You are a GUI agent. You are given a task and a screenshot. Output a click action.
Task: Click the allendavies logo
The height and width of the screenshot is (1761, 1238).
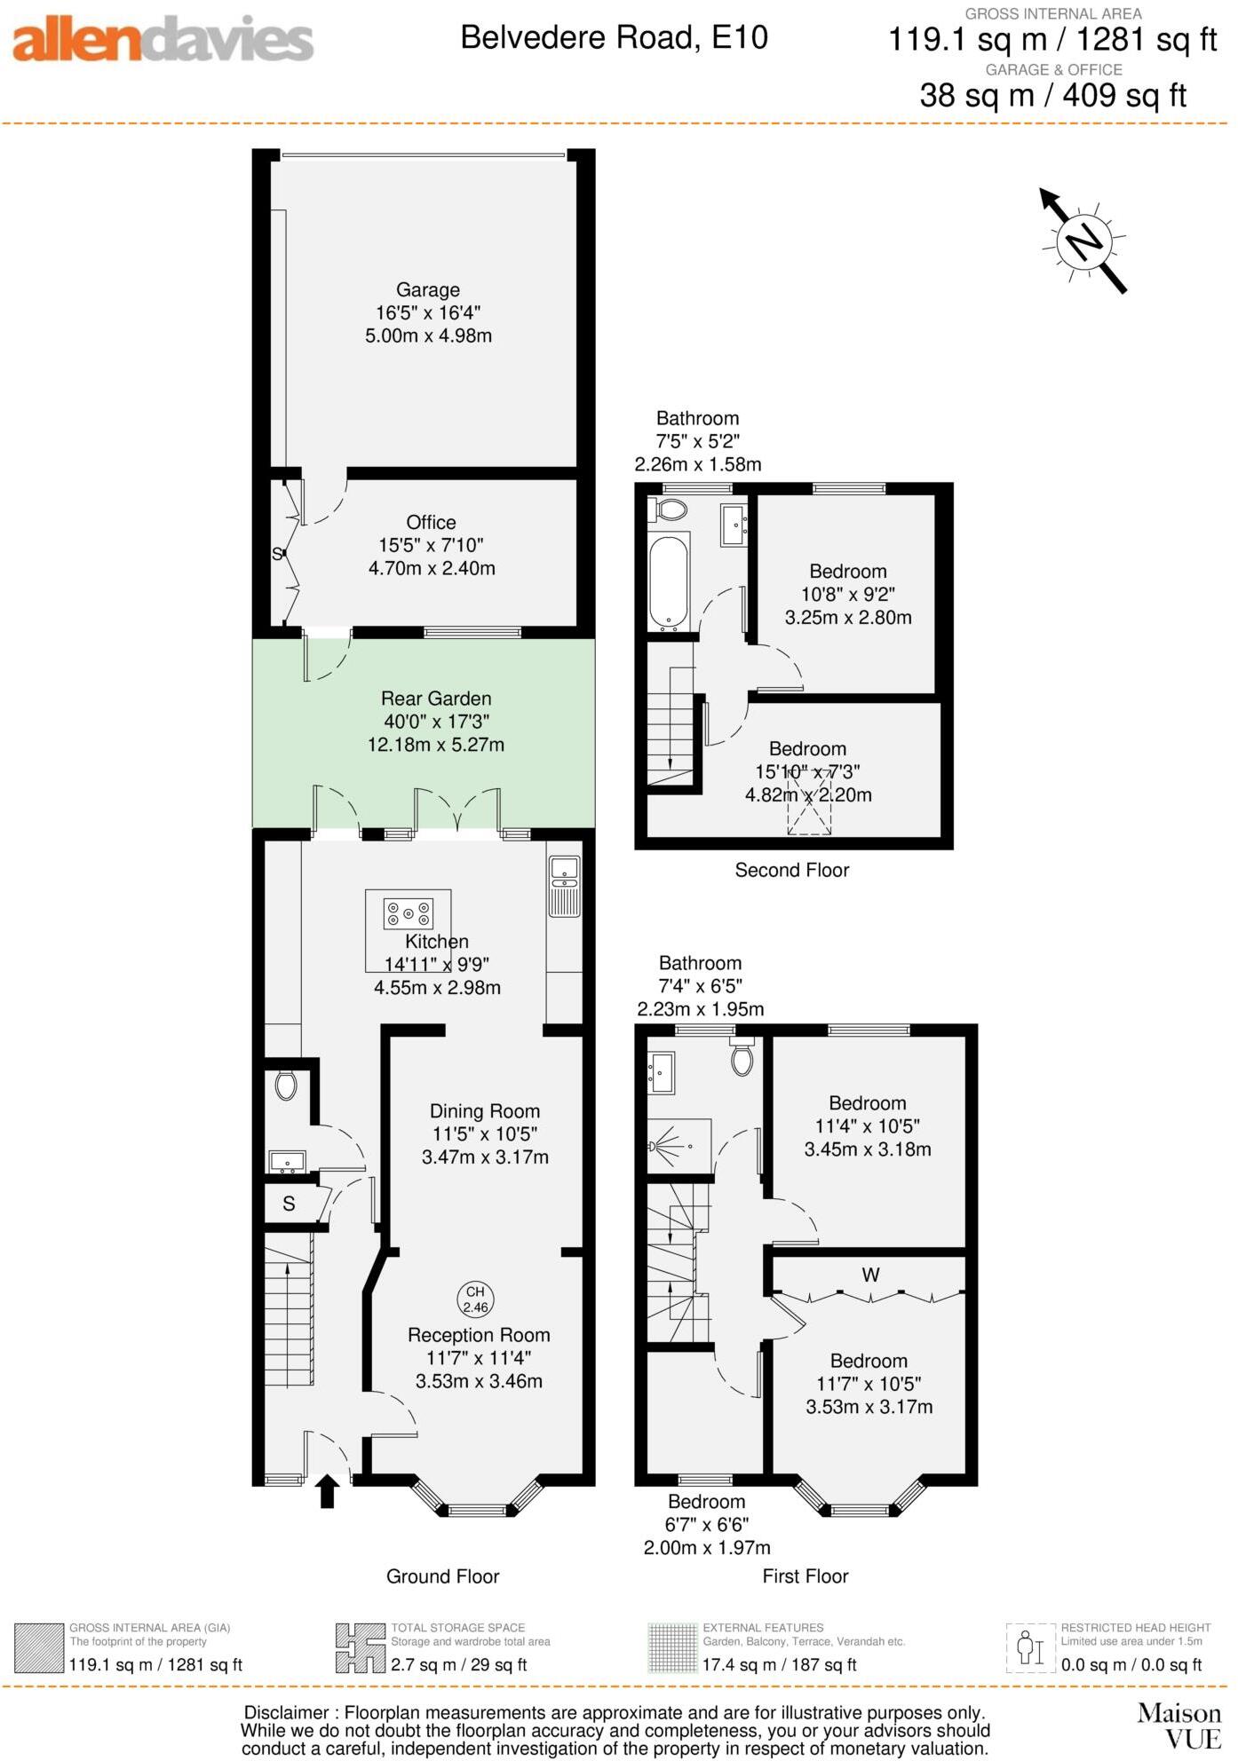[x=163, y=40]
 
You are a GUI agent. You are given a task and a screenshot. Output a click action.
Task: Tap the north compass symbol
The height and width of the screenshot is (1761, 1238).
[x=1084, y=241]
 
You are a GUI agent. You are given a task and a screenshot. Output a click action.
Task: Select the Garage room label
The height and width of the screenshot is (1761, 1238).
[x=427, y=290]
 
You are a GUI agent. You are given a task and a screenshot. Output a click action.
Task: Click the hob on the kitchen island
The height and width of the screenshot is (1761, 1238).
[x=408, y=912]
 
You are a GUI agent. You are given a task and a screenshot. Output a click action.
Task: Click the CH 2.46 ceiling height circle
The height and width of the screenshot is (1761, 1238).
[x=475, y=1299]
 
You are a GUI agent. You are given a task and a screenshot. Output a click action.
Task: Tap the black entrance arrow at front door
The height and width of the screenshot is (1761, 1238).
[x=328, y=1491]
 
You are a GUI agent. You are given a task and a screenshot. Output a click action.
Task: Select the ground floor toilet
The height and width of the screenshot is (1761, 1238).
[x=285, y=1085]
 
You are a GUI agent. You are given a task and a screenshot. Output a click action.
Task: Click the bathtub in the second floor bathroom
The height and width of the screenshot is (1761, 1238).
[x=668, y=580]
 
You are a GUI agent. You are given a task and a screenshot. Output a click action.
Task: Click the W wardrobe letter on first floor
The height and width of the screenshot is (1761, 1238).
[x=870, y=1275]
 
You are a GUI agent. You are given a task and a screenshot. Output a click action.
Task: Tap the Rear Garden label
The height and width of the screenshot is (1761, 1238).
[x=436, y=699]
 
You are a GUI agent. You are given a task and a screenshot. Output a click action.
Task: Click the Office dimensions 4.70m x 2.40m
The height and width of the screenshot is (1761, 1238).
[x=432, y=568]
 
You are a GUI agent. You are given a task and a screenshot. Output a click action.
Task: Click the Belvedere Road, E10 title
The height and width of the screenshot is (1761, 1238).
[x=614, y=37]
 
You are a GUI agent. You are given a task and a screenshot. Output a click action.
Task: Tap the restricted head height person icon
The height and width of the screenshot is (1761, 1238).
[x=1029, y=1648]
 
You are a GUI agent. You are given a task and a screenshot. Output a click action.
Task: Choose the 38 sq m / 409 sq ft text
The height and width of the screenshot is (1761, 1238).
[x=1052, y=95]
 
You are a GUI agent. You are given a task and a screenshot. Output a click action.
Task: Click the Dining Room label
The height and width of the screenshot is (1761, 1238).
[x=484, y=1111]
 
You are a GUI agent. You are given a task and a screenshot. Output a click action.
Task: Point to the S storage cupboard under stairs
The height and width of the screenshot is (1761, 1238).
[x=289, y=1204]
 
